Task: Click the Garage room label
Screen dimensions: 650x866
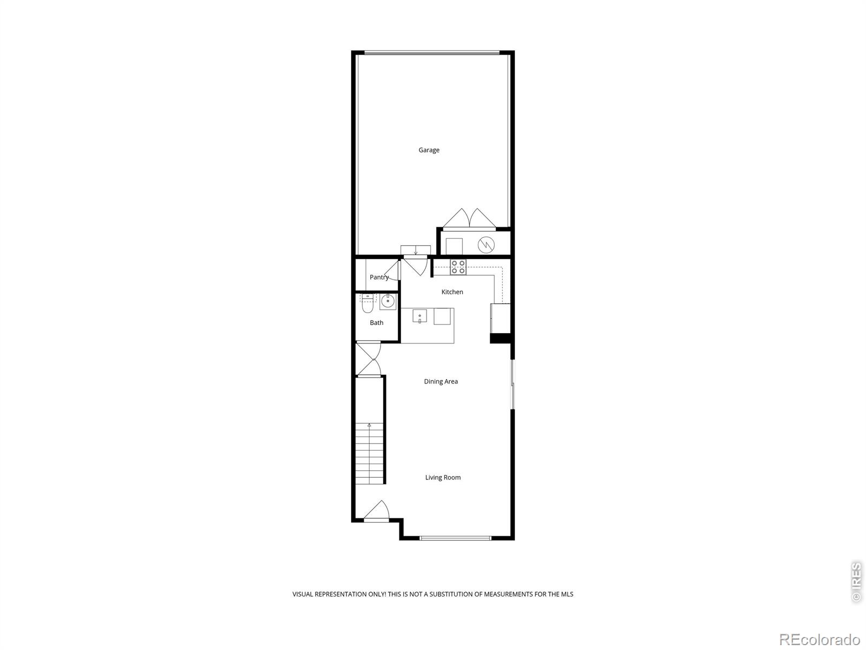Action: tap(429, 150)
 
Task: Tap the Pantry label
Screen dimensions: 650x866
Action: tap(379, 277)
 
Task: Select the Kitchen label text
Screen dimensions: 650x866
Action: tap(452, 292)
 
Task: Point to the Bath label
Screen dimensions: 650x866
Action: tap(377, 323)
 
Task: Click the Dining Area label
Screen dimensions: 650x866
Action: tap(441, 381)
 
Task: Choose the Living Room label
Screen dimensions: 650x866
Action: tap(443, 477)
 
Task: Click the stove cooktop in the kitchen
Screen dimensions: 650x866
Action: tap(458, 266)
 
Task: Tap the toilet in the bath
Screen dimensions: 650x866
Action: tap(368, 304)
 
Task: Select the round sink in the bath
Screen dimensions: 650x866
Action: tap(388, 302)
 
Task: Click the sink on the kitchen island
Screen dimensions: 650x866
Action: tap(419, 316)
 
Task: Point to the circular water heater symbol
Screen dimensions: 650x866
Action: tap(486, 245)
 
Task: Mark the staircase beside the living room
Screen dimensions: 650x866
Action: tap(370, 452)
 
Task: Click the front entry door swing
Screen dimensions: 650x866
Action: tap(377, 510)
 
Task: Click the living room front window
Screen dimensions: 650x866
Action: tap(456, 538)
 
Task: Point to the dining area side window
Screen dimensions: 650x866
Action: tap(512, 384)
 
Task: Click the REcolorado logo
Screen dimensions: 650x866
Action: tap(819, 639)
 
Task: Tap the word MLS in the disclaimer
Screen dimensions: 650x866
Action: tap(567, 594)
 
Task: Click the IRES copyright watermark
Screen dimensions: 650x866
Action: tap(856, 582)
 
